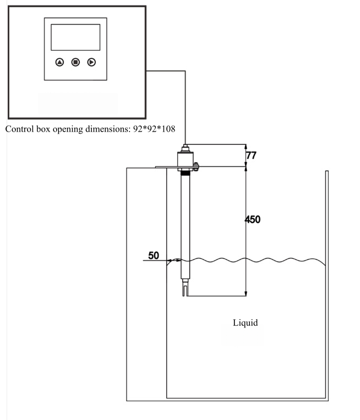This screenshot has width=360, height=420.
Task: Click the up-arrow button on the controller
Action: point(59,62)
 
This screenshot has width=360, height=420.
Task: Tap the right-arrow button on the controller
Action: point(91,62)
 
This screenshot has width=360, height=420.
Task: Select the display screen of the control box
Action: point(75,37)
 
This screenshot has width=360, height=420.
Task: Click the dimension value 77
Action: point(251,156)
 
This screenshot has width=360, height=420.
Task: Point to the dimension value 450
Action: point(253,220)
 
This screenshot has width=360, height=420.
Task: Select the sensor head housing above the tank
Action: point(185,159)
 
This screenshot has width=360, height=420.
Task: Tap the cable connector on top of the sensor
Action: point(185,147)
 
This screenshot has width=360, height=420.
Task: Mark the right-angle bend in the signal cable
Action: point(185,71)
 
